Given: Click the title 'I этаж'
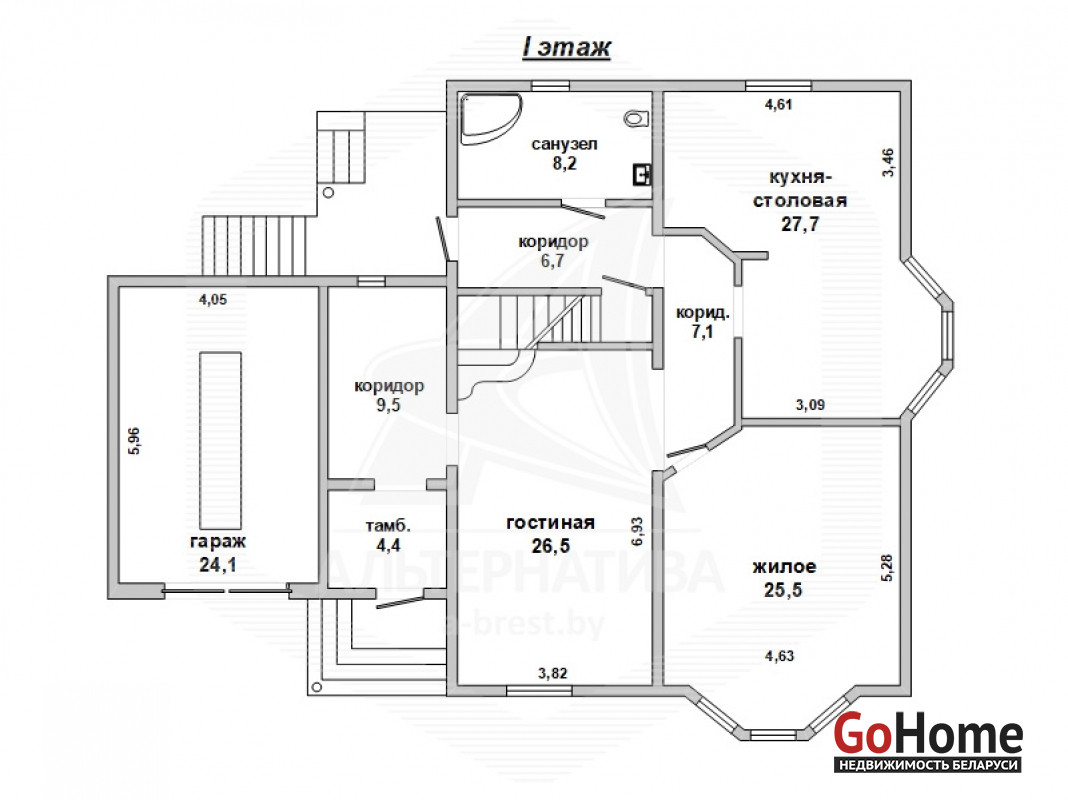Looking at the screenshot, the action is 566,48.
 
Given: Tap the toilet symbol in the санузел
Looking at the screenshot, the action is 635,118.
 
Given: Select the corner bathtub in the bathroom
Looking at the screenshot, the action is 490,118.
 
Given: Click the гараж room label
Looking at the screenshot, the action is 218,542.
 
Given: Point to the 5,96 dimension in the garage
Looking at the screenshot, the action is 134,441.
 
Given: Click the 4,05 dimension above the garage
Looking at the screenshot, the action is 213,300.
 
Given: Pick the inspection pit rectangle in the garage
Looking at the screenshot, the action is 220,441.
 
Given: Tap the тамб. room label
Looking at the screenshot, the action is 388,526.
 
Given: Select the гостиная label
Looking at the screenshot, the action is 550,523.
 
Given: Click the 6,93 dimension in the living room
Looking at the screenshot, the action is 638,532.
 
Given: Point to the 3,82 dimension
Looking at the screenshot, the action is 552,673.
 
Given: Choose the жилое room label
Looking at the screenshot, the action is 783,567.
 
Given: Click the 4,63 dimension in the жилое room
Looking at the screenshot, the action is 779,656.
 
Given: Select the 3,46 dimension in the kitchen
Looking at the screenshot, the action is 888,163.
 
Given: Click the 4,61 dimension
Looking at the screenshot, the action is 779,105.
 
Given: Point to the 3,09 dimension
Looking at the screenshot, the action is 811,405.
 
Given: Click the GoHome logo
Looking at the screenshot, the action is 928,742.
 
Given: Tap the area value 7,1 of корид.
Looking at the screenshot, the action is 702,332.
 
